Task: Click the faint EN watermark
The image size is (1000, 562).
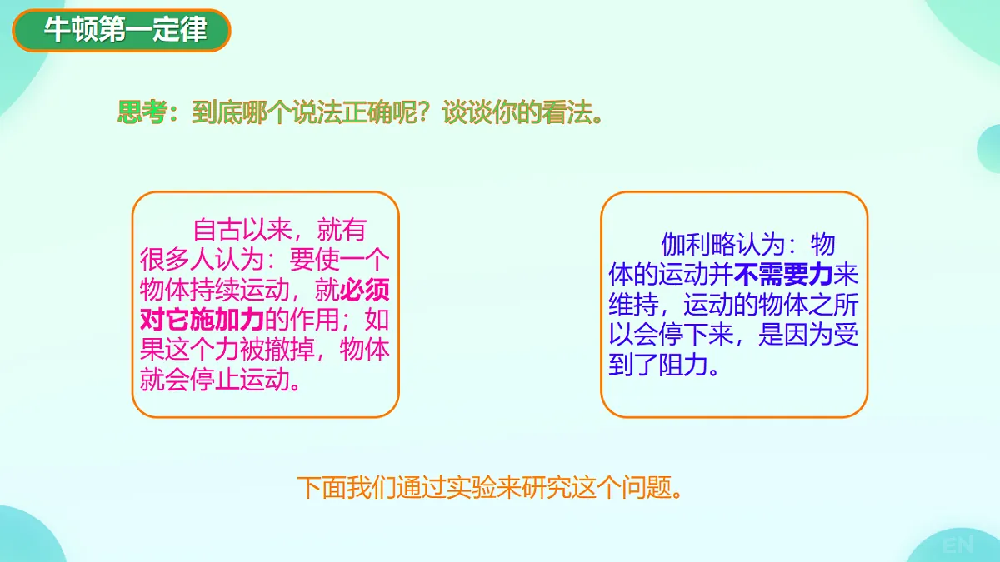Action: point(958,546)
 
